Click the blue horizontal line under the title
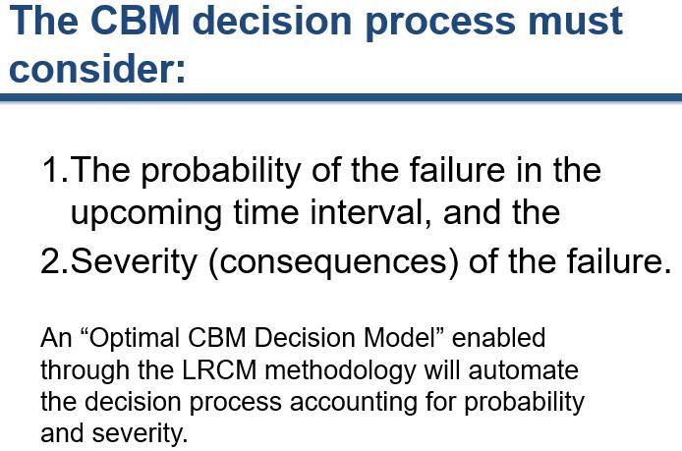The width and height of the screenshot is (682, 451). [341, 97]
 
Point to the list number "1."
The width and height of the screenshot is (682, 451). [55, 171]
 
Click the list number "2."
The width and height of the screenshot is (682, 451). [55, 262]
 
